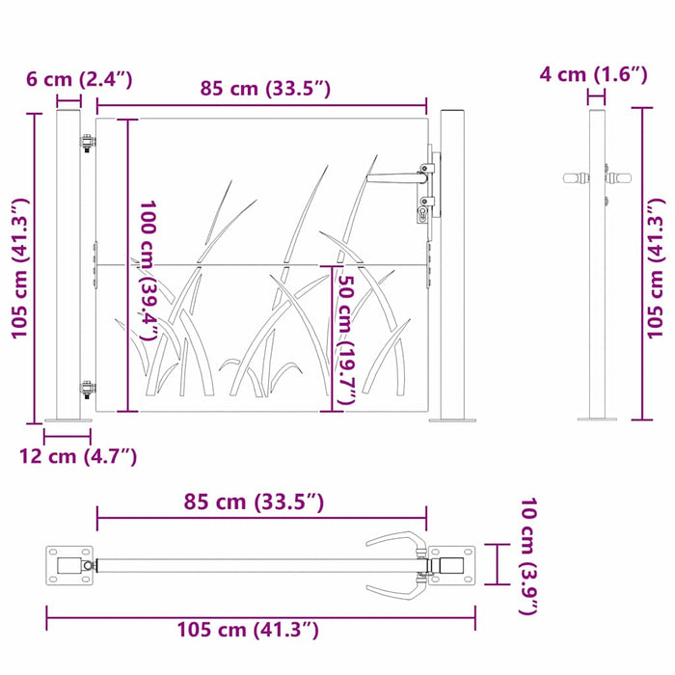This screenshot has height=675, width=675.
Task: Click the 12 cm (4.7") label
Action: (x=78, y=456)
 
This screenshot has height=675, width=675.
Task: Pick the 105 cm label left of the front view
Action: (x=19, y=268)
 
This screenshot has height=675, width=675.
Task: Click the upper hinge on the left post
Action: (x=88, y=142)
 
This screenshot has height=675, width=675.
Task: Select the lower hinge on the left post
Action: (x=88, y=390)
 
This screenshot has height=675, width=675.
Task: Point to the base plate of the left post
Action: (x=69, y=419)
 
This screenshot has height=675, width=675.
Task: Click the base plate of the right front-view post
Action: (x=452, y=419)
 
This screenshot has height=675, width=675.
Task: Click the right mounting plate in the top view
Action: (x=451, y=564)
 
